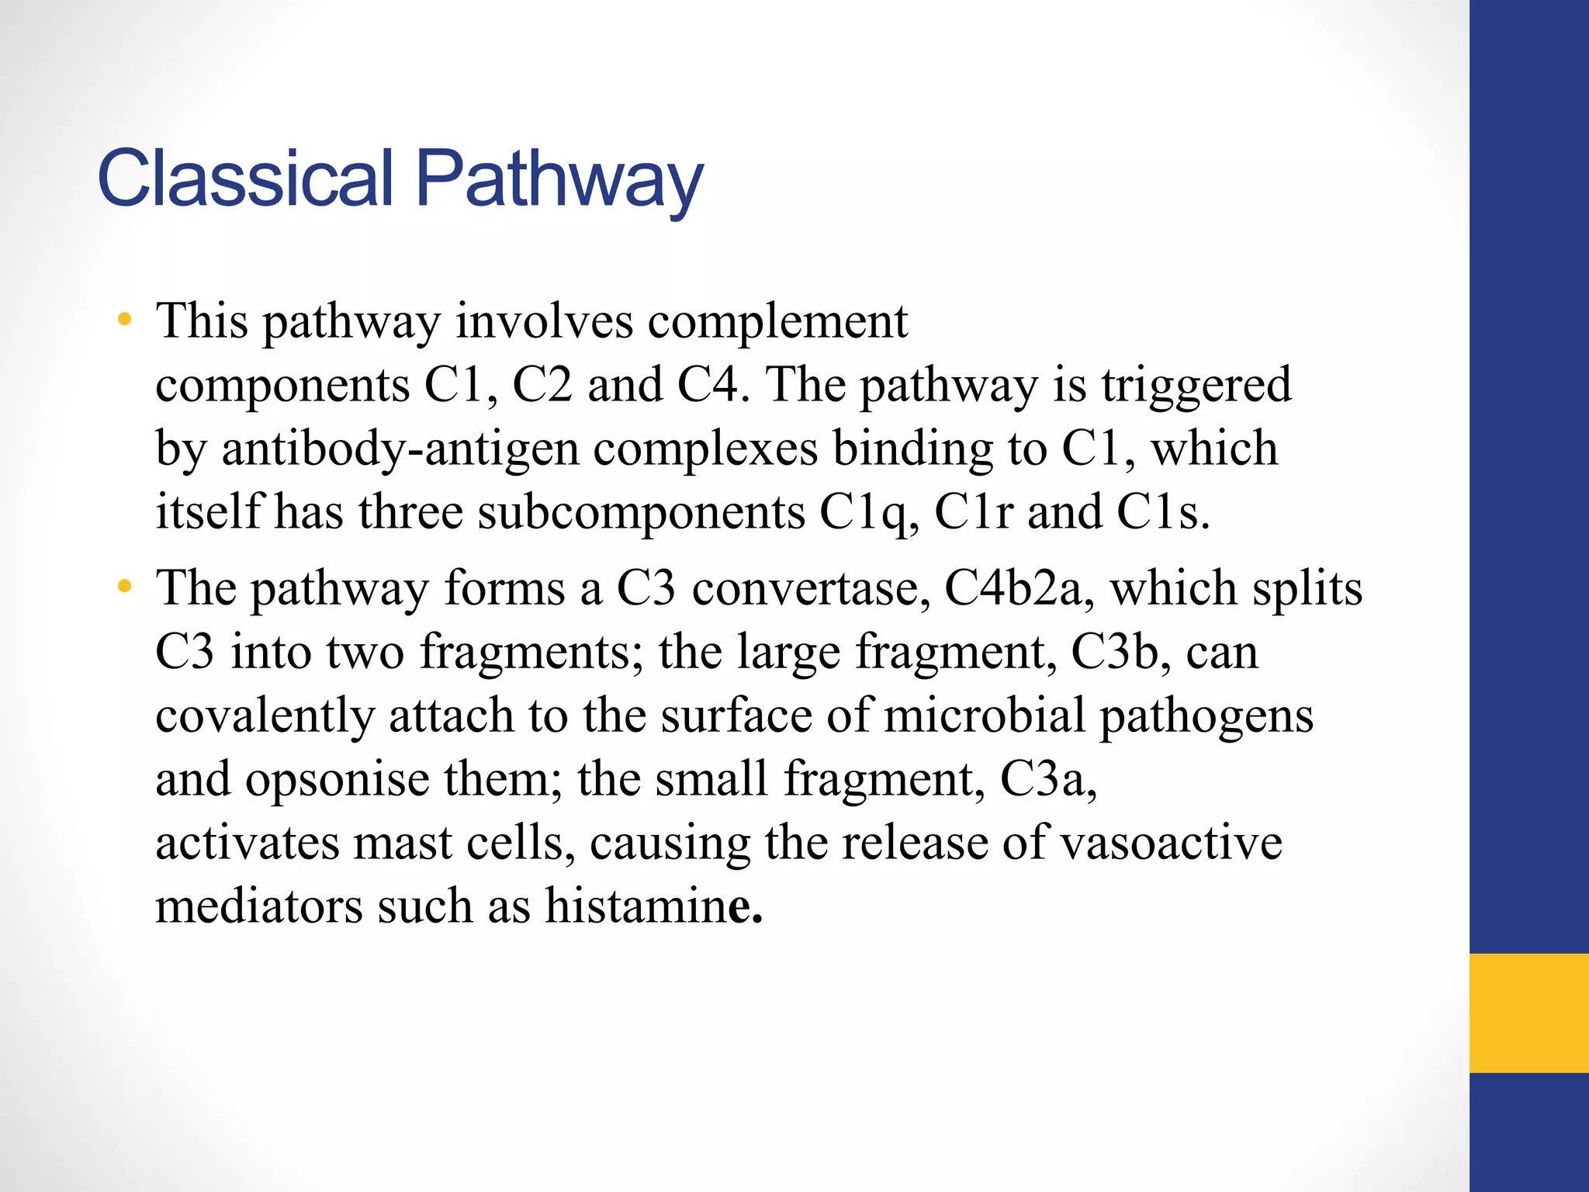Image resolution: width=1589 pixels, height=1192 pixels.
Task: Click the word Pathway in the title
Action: (559, 180)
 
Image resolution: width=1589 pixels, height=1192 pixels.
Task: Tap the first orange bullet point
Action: (124, 319)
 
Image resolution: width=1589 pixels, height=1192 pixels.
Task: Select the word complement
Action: (777, 322)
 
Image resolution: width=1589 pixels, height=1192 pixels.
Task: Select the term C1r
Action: (973, 513)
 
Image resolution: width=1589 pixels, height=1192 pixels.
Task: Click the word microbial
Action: (984, 716)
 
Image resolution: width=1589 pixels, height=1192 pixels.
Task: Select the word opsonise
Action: (337, 779)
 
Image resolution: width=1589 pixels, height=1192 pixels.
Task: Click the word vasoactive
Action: (1171, 843)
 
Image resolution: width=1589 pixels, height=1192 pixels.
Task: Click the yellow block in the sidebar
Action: (1528, 1013)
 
